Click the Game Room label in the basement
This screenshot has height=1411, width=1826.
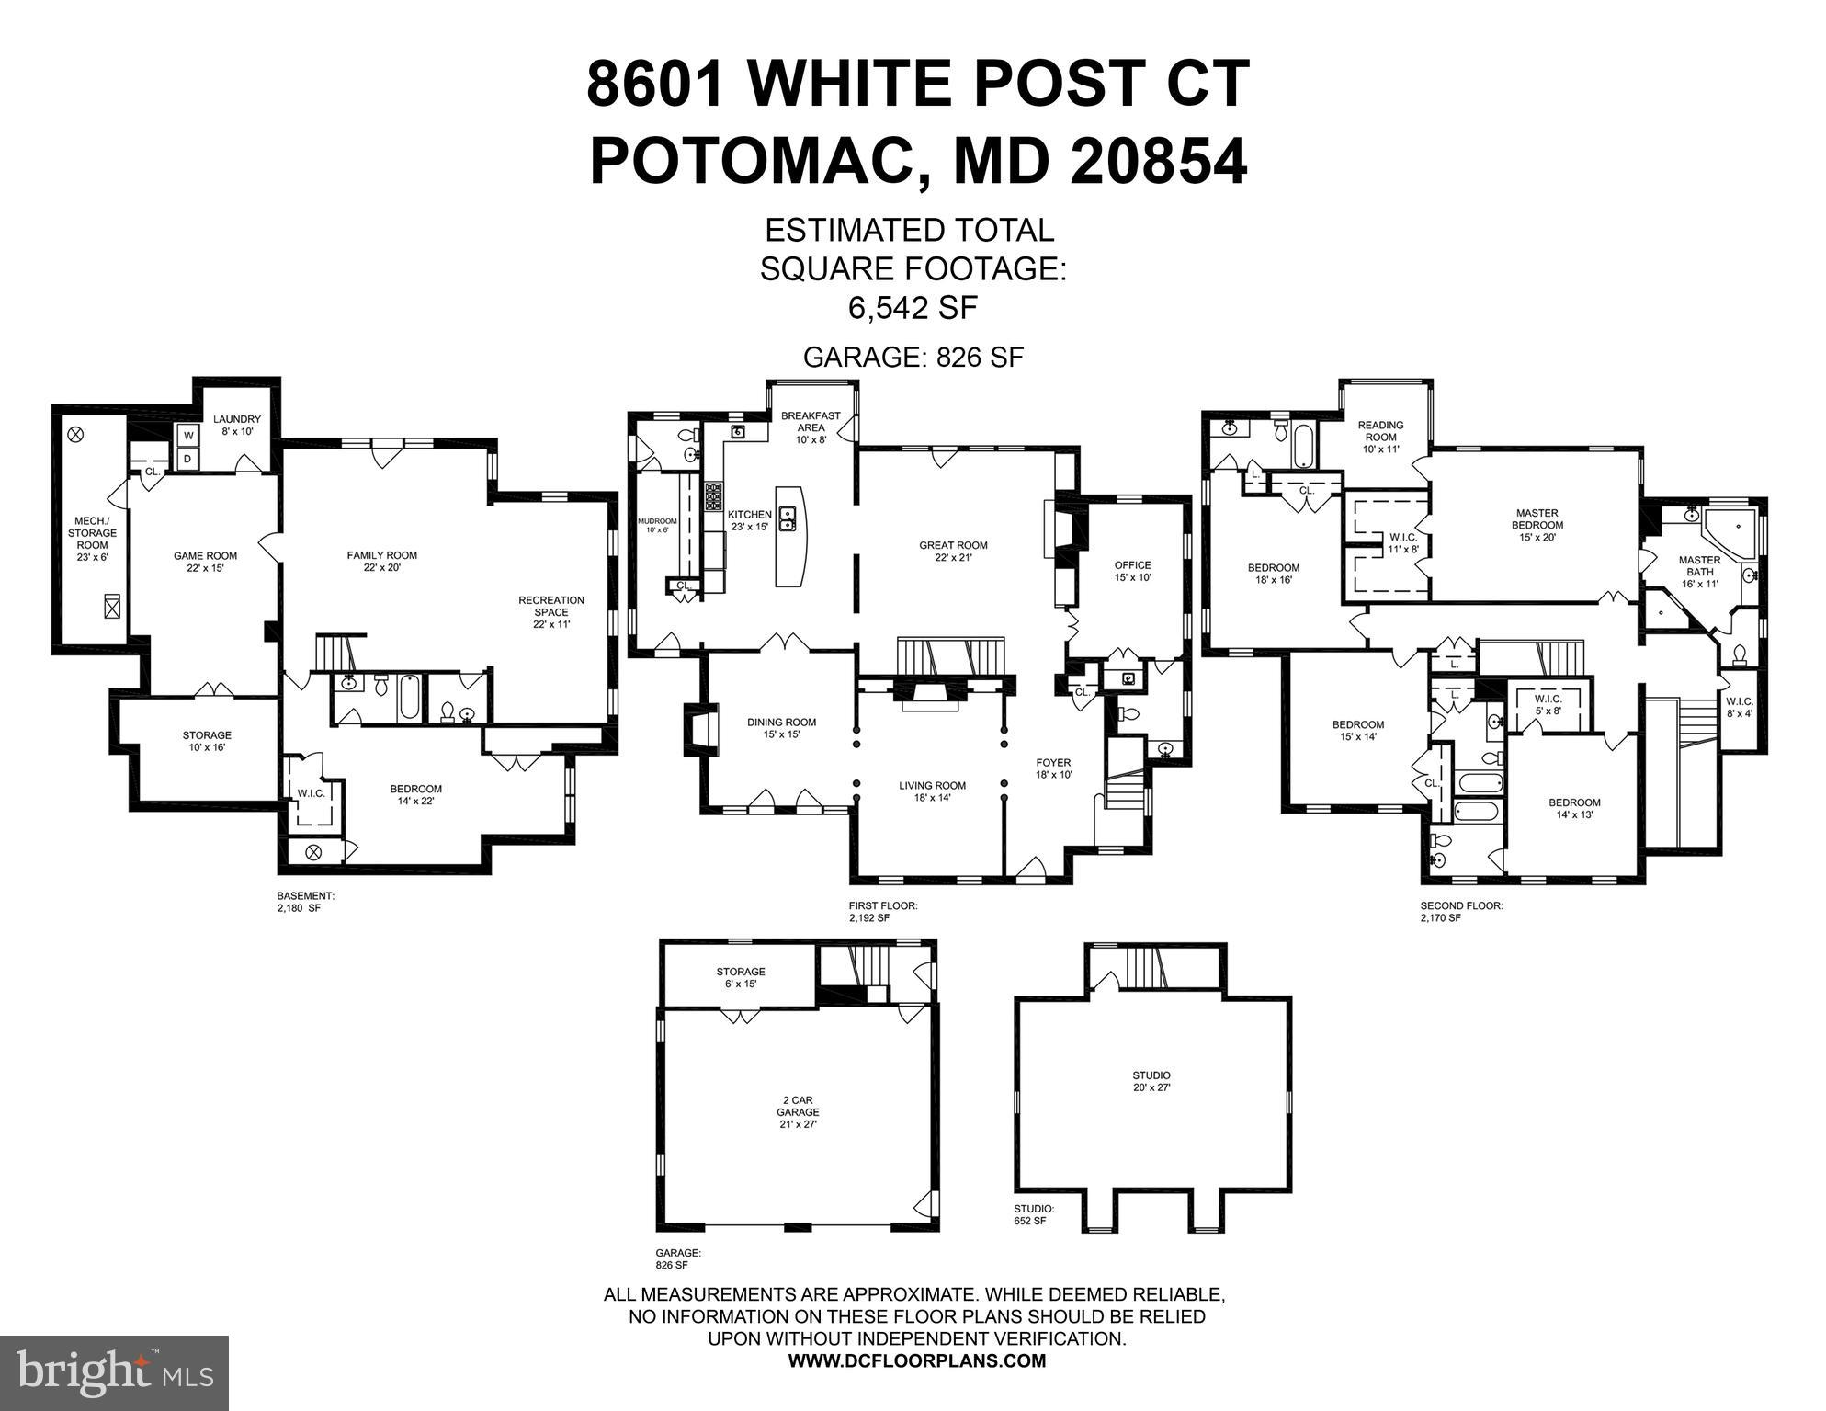click(x=205, y=562)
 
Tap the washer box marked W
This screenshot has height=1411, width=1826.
click(x=188, y=436)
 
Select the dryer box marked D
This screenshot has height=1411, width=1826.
click(x=188, y=458)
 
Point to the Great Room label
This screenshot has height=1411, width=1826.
click(x=953, y=552)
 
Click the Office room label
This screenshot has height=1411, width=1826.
click(x=1132, y=571)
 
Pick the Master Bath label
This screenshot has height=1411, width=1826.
click(x=1699, y=571)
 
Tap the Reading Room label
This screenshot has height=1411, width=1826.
click(x=1380, y=437)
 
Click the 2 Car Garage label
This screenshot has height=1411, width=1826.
click(x=797, y=1111)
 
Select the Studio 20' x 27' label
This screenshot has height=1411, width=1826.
click(x=1151, y=1081)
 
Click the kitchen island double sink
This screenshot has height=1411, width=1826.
click(x=788, y=518)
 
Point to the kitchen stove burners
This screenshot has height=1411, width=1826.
click(x=714, y=496)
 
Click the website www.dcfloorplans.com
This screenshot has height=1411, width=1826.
click(x=916, y=1361)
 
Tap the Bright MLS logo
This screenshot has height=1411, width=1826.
click(x=114, y=1373)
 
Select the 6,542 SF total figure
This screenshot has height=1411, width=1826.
click(x=912, y=307)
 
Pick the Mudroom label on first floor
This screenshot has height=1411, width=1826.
click(x=656, y=525)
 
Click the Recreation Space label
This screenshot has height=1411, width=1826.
click(x=550, y=611)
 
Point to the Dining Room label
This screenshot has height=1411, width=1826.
click(x=781, y=728)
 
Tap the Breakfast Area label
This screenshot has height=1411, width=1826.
click(x=811, y=427)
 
